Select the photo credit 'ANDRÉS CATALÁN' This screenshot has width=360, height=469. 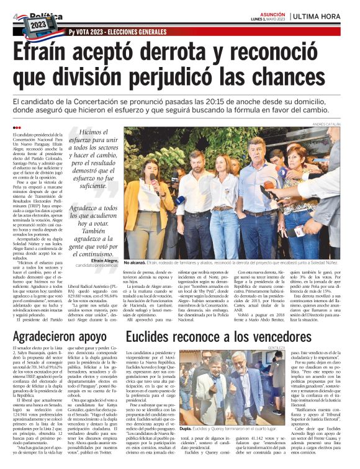[325, 125]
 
